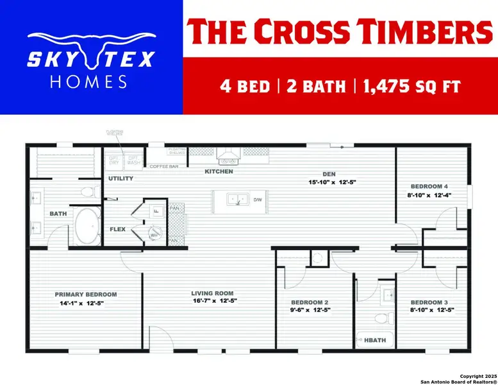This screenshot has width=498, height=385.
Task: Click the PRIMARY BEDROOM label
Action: pyautogui.click(x=85, y=295)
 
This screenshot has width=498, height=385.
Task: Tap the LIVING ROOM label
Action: pyautogui.click(x=214, y=293)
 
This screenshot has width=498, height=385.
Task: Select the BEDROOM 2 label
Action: pyautogui.click(x=310, y=302)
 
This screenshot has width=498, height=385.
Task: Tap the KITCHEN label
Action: pyautogui.click(x=219, y=172)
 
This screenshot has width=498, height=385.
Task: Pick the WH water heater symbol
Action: pyautogui.click(x=154, y=235)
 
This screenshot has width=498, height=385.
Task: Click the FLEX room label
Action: pyautogui.click(x=117, y=229)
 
